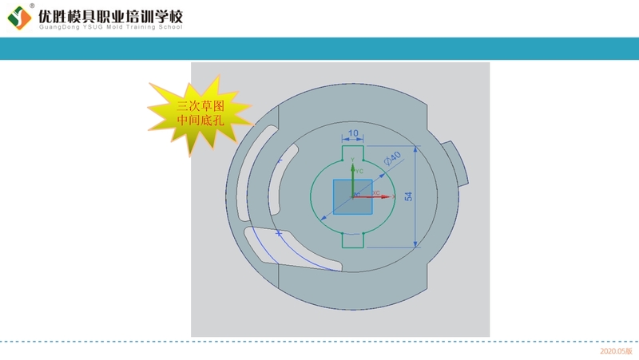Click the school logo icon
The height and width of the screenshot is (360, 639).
click(19, 18)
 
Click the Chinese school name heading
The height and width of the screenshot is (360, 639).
click(111, 16)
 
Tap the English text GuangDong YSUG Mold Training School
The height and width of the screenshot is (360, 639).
click(111, 27)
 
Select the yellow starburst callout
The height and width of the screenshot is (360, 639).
click(200, 113)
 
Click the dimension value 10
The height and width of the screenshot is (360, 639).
click(353, 133)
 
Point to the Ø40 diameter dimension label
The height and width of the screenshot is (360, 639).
click(392, 158)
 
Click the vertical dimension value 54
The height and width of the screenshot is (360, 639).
click(408, 196)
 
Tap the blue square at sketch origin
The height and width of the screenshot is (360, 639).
click(352, 196)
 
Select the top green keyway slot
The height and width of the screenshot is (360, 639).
click(352, 153)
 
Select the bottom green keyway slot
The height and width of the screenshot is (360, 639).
click(352, 240)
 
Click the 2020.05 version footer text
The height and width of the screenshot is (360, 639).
click(616, 351)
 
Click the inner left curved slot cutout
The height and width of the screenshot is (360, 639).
click(282, 179)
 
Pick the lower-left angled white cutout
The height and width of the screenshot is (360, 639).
click(292, 249)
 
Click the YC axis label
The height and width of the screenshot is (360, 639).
click(359, 171)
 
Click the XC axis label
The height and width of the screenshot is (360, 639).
click(376, 192)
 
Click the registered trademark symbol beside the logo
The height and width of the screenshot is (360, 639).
click(32, 6)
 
